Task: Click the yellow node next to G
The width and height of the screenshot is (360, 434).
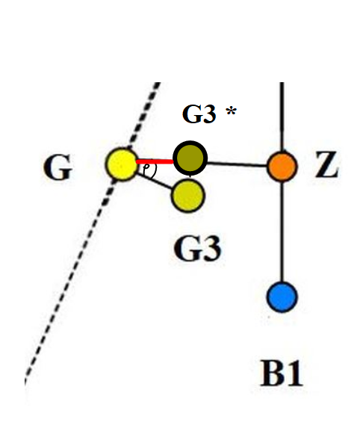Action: point(122,164)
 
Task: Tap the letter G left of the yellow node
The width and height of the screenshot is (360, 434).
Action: point(58,167)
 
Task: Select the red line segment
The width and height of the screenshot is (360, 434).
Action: point(155,161)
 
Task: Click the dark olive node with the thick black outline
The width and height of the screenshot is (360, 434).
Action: point(190,158)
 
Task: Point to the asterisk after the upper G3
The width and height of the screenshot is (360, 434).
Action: point(231,112)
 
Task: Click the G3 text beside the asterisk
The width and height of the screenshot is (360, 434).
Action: point(199,114)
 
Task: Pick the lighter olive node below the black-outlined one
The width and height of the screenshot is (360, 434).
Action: point(188,196)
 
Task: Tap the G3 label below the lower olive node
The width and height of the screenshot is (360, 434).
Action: point(198,248)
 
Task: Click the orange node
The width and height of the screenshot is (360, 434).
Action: point(282,167)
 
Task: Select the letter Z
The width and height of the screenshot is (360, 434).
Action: point(327,164)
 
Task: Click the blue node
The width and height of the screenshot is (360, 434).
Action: point(282,297)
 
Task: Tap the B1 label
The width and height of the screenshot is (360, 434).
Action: point(282,373)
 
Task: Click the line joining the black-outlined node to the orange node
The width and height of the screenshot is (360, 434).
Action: point(238,164)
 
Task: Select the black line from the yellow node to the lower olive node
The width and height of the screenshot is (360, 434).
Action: point(155,181)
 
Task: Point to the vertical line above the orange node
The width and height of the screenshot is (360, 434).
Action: point(282,117)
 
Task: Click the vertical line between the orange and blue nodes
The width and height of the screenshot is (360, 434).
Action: point(282,232)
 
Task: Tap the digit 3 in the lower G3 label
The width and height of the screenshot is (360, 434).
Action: point(211,248)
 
